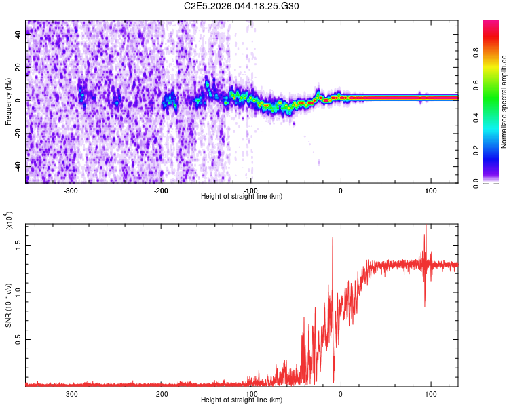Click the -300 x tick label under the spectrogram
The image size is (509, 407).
coord(71,191)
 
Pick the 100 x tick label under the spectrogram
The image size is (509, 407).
coord(430,191)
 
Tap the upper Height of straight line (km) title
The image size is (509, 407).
coord(242,197)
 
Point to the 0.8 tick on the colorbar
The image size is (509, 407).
coord(495,69)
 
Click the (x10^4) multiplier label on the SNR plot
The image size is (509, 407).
coord(8,220)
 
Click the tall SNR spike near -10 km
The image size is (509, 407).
coord(333,239)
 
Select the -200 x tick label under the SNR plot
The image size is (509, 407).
coord(161,393)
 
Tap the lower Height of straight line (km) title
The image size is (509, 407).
coord(242,400)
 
